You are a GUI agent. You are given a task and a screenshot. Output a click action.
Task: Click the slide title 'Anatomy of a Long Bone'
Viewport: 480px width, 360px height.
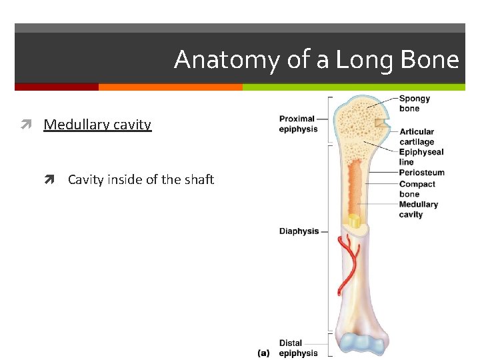tap(317, 60)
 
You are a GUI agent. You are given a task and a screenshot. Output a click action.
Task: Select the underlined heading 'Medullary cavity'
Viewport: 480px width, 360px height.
tap(97, 125)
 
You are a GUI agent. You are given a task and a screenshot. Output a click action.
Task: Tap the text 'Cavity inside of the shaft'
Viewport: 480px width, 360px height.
tap(141, 179)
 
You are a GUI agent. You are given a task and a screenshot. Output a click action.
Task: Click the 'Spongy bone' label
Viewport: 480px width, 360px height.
tap(415, 103)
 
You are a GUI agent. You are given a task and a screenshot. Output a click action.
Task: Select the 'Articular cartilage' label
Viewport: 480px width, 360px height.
tap(417, 137)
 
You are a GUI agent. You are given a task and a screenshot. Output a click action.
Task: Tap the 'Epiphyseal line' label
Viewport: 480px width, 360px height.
tap(421, 157)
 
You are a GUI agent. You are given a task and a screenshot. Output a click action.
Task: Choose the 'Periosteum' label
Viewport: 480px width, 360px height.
tap(421, 173)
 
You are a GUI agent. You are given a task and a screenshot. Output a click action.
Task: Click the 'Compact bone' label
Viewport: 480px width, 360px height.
tap(417, 189)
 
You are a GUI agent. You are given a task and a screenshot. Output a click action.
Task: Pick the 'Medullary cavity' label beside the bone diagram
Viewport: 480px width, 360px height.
tap(418, 209)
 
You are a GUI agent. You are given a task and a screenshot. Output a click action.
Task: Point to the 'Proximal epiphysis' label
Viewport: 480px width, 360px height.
tap(298, 124)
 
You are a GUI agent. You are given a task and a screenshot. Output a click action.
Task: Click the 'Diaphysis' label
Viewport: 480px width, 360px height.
tap(299, 231)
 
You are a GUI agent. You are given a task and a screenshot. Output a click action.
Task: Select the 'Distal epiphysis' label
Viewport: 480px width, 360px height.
tap(298, 348)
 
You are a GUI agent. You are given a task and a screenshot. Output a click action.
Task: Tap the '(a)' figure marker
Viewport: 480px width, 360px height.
tap(263, 353)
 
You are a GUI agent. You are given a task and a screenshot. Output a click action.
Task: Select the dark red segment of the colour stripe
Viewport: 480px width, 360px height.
tap(57, 87)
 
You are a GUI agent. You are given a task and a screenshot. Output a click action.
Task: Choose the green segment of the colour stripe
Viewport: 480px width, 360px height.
tap(353, 87)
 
